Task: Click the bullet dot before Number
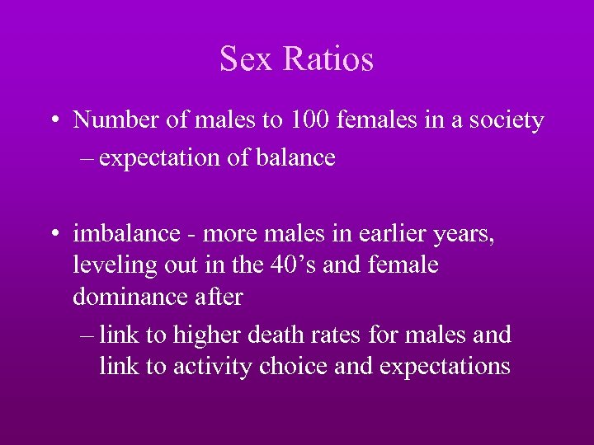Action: (x=54, y=121)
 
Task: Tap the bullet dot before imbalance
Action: (x=54, y=235)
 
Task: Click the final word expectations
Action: (x=445, y=366)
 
